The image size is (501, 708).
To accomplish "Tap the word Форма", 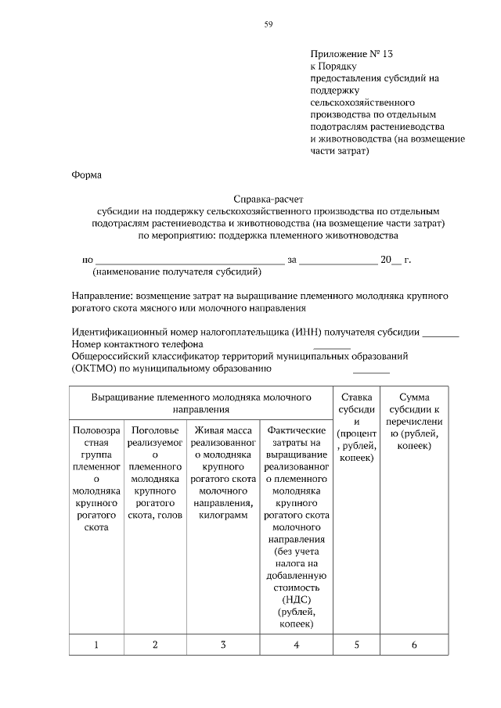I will point(86,174).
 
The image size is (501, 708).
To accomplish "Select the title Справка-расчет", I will point(266,199).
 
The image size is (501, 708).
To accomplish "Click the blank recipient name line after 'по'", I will point(189,261).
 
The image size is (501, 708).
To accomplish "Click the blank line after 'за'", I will point(338,261).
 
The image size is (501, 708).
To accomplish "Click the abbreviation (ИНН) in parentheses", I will point(305,332).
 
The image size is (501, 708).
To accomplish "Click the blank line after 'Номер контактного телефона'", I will point(332,346).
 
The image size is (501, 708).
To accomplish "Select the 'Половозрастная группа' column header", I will point(96,479).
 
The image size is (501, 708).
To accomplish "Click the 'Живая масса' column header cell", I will point(223,473).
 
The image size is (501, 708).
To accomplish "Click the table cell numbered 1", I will point(96,645).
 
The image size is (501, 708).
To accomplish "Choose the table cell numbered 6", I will point(413,645).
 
